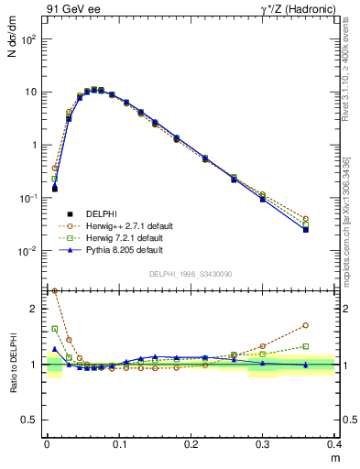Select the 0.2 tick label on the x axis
191,443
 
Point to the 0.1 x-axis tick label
118,443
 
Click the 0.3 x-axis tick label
263,443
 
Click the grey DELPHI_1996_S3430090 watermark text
191,274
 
